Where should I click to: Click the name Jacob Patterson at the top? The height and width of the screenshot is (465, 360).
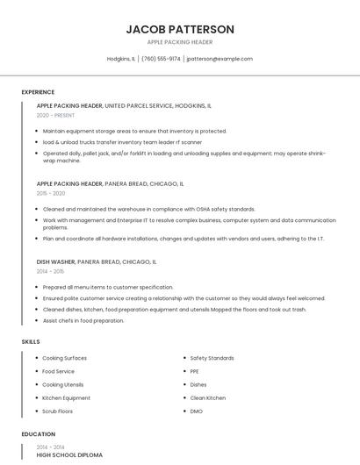[x=180, y=29]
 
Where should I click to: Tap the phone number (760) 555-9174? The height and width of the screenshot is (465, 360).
[x=161, y=59]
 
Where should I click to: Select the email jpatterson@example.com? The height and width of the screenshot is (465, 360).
[x=220, y=59]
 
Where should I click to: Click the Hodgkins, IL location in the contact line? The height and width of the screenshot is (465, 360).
[x=121, y=59]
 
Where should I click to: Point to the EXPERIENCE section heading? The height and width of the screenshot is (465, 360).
[x=38, y=91]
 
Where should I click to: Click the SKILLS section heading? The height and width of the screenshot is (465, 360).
[x=30, y=340]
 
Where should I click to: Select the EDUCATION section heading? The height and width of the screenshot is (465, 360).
[x=38, y=434]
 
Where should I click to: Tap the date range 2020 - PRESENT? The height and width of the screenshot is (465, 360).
[x=55, y=115]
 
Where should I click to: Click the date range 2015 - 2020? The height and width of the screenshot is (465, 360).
[x=51, y=193]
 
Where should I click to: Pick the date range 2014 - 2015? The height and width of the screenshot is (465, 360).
[x=50, y=271]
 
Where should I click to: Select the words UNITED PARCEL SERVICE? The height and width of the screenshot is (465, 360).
[x=141, y=105]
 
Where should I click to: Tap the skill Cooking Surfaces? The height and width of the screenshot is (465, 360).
[x=64, y=358]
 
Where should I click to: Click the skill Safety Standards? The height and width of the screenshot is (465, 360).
[x=212, y=358]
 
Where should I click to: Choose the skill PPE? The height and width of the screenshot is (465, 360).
[x=195, y=371]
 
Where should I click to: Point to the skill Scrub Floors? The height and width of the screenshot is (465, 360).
[x=57, y=411]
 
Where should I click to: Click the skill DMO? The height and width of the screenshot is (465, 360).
[x=196, y=411]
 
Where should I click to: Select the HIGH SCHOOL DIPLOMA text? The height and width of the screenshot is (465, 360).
[x=69, y=454]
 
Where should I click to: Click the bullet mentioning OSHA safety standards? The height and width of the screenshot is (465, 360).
[x=148, y=209]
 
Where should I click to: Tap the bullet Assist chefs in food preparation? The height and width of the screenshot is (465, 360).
[x=83, y=320]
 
